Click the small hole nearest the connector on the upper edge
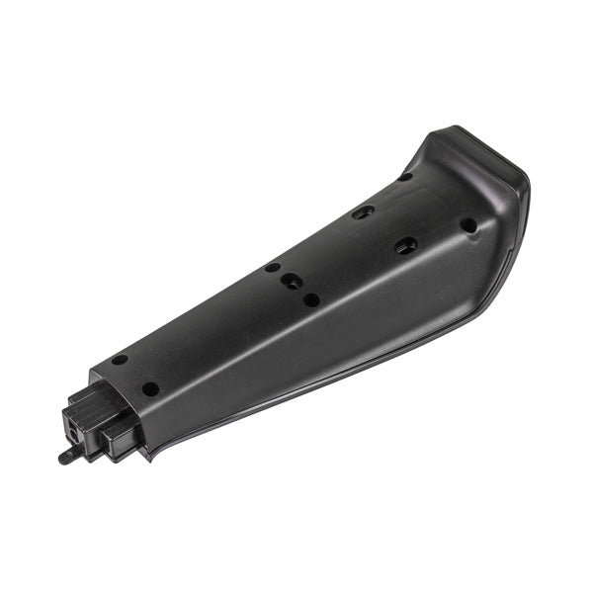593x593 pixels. [120, 360]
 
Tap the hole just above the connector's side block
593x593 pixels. [149, 388]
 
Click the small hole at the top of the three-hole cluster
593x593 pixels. [272, 267]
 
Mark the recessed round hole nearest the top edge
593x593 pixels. [364, 212]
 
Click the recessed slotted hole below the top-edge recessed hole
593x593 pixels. [405, 245]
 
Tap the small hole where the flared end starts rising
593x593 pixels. [405, 178]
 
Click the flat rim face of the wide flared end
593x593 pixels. [494, 158]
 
